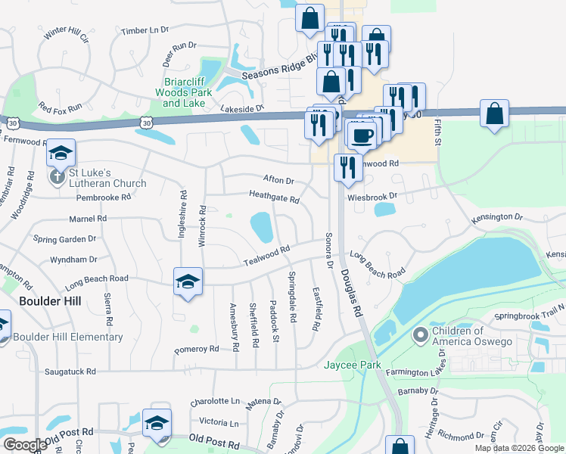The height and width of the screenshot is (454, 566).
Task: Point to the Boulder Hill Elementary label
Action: click(68, 337)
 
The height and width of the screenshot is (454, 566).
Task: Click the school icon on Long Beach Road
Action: click(187, 281)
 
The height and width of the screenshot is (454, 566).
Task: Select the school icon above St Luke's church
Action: click(61, 154)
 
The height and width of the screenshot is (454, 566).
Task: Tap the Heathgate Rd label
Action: click(274, 197)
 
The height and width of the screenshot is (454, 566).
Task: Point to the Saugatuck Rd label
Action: click(70, 372)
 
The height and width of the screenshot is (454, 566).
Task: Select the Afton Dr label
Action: click(278, 180)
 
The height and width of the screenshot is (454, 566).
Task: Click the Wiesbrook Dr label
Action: click(372, 195)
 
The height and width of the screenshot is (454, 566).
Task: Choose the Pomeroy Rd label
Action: click(196, 350)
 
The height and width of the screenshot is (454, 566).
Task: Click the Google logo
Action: click(25, 445)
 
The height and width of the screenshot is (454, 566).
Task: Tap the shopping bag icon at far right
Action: click(493, 114)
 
